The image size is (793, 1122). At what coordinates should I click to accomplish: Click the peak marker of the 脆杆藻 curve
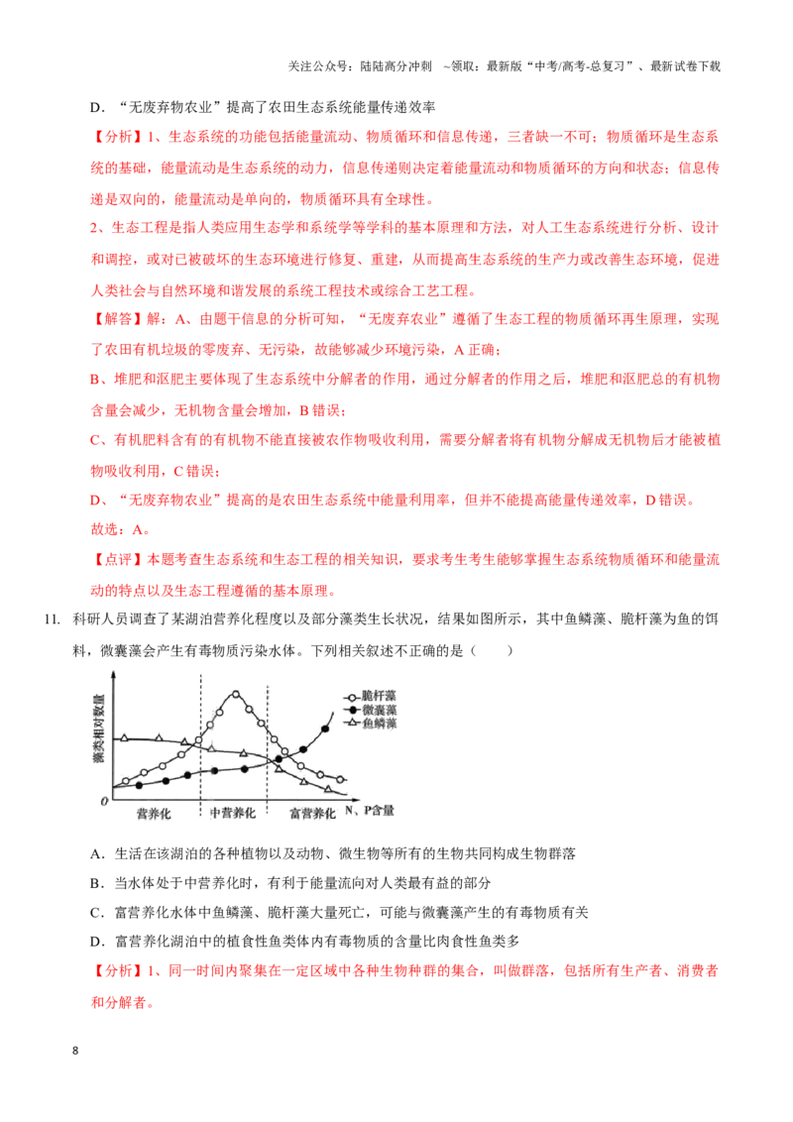click(x=236, y=694)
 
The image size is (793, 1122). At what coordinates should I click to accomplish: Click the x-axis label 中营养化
click(x=233, y=813)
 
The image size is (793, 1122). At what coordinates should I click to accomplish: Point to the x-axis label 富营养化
click(x=312, y=813)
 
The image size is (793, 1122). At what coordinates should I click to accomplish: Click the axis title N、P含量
click(x=370, y=810)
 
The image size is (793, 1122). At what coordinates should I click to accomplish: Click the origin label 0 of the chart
click(x=104, y=801)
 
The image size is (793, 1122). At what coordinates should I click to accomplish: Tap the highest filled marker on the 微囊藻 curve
click(x=326, y=729)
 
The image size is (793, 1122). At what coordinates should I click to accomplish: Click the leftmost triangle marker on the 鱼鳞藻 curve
click(x=125, y=737)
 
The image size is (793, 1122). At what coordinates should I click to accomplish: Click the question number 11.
click(x=53, y=619)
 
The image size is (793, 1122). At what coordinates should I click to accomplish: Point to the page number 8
click(x=75, y=1051)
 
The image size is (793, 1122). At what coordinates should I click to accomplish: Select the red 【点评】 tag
click(x=118, y=560)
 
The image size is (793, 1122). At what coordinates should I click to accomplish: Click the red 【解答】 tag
click(x=118, y=319)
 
